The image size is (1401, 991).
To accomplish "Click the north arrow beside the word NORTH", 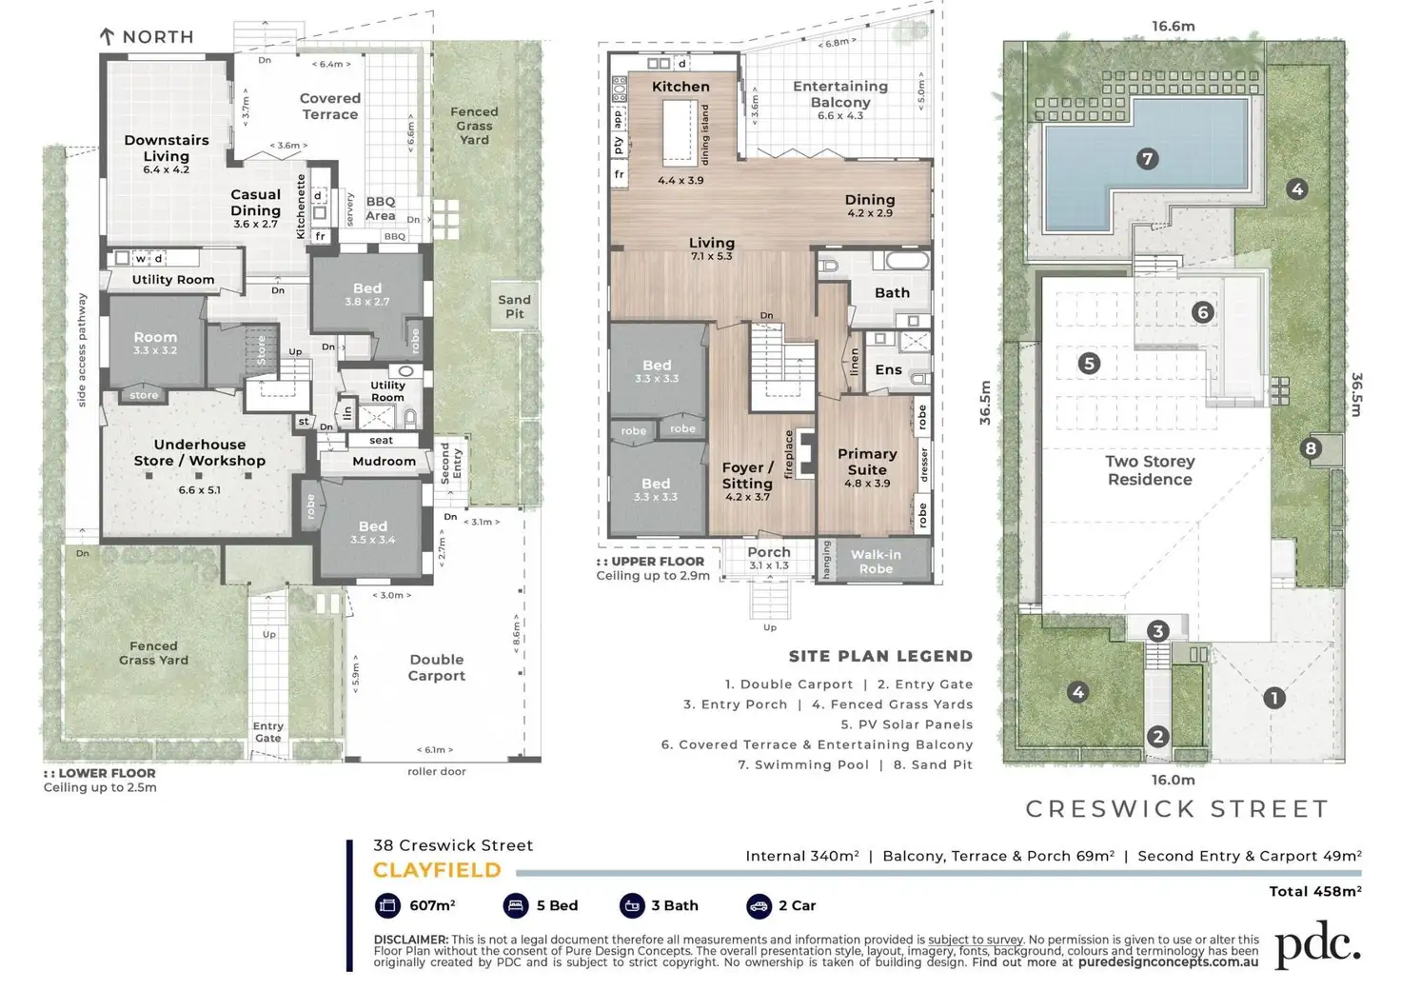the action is click(x=108, y=37).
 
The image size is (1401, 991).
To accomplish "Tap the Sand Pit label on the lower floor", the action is click(x=514, y=307).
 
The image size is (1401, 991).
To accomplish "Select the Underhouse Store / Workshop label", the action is click(x=200, y=452).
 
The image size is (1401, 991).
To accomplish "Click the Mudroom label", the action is click(x=384, y=461).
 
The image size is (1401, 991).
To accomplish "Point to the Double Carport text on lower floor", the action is click(x=437, y=667).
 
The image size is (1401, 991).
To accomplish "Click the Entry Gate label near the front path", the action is click(x=268, y=731).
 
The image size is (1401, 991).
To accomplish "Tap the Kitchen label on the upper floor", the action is click(x=681, y=87).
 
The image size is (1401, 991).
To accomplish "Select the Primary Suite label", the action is click(x=867, y=462).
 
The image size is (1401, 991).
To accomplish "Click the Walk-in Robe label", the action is click(x=876, y=562).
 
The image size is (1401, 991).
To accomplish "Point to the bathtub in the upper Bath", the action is click(x=906, y=260).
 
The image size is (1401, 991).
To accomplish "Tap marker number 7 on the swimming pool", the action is click(x=1147, y=159).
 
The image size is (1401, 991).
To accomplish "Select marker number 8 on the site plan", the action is click(x=1312, y=448).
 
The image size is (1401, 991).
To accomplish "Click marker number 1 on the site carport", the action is click(x=1273, y=698).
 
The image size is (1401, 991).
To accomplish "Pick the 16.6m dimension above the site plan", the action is click(x=1173, y=27).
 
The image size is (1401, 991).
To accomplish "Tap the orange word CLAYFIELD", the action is click(x=437, y=870).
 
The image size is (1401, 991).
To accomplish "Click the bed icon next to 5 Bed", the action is click(x=516, y=905).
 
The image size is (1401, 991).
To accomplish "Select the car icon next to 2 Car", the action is click(x=759, y=905).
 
